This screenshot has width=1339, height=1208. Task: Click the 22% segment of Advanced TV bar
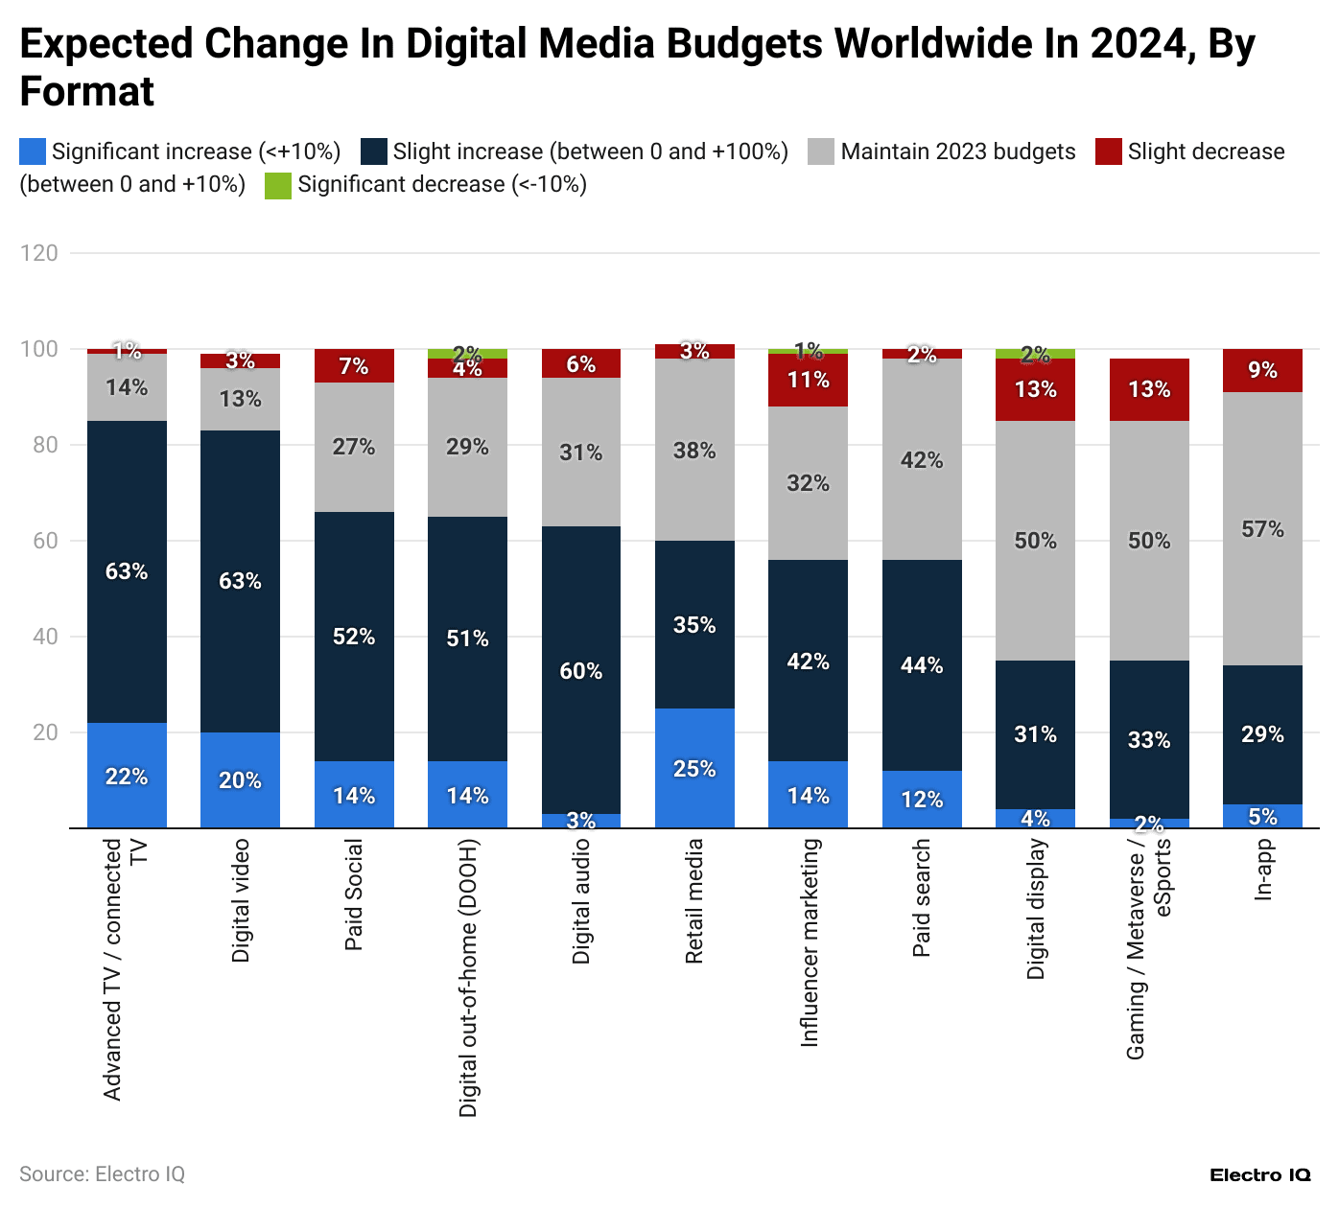click(127, 776)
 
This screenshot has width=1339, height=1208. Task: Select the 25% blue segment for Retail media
click(694, 768)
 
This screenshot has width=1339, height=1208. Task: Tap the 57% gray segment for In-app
click(1262, 528)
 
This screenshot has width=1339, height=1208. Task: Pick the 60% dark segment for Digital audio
click(581, 670)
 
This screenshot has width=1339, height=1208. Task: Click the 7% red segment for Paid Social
click(354, 365)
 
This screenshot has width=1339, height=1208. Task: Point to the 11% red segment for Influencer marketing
click(808, 380)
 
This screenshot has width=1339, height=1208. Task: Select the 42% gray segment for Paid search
click(922, 459)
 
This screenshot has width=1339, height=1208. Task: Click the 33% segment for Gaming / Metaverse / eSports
click(1149, 739)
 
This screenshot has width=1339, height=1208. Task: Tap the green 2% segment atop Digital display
click(1035, 354)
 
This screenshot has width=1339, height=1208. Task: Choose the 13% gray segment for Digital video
click(240, 399)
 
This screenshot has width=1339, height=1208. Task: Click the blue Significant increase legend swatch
click(33, 151)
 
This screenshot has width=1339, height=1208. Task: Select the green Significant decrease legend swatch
click(278, 185)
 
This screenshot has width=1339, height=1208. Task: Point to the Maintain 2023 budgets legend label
click(957, 151)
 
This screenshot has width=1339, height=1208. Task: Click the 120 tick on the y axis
click(39, 253)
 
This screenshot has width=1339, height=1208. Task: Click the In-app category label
click(1263, 869)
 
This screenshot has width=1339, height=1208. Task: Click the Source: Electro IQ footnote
click(102, 1174)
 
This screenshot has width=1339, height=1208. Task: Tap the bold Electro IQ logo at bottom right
click(1259, 1175)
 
